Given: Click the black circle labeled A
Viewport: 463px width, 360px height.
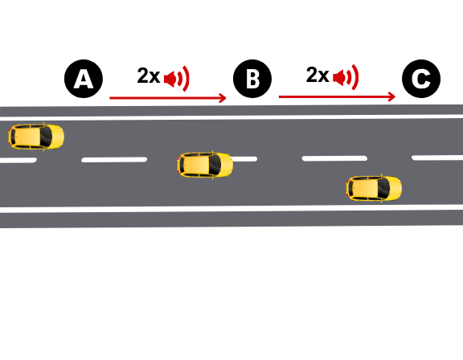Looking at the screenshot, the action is click(x=84, y=79).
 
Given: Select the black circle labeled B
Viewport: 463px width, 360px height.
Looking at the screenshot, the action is click(x=252, y=79).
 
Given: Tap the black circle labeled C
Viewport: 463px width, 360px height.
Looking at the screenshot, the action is click(x=421, y=79).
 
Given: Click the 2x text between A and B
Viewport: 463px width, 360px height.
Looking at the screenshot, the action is click(x=149, y=76).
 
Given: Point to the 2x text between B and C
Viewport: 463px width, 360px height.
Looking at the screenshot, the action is click(x=318, y=75).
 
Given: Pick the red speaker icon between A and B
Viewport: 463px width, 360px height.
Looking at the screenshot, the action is click(x=176, y=79).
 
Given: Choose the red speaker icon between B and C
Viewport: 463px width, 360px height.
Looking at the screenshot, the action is click(x=346, y=77).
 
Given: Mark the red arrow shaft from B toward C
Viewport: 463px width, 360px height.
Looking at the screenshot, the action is click(x=336, y=96).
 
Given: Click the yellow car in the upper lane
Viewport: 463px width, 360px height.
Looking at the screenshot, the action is click(x=36, y=137).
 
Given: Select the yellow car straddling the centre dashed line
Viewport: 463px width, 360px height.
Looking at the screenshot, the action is click(x=205, y=165).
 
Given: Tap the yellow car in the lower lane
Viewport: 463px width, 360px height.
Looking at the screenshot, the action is click(x=374, y=189).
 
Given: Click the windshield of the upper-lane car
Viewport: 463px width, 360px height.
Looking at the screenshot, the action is click(x=47, y=137).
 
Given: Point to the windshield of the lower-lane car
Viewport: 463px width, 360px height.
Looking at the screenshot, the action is click(x=384, y=189).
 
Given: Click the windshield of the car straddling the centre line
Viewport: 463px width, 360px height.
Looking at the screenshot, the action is click(x=215, y=165).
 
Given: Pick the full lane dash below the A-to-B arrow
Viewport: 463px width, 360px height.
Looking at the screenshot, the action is click(x=114, y=160).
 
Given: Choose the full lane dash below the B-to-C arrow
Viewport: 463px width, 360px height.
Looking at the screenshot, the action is click(x=334, y=158).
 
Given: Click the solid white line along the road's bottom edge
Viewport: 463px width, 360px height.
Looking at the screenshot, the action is click(x=231, y=209).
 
